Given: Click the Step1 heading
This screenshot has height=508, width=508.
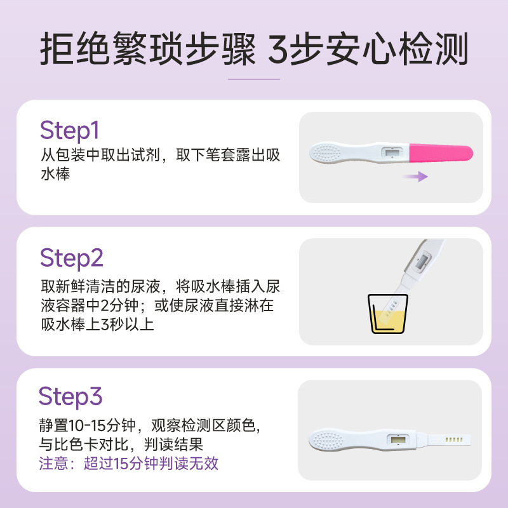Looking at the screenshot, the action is [69, 131].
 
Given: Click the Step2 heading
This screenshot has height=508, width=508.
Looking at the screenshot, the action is [72, 258].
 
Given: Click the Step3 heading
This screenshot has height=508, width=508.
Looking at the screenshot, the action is [70, 396].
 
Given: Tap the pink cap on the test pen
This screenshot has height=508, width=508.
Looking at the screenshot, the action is [441, 153].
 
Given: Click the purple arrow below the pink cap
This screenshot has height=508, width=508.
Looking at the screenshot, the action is [415, 177].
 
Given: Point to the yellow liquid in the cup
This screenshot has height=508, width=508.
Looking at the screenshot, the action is [387, 321].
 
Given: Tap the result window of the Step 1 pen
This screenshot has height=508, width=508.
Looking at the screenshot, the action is [392, 152].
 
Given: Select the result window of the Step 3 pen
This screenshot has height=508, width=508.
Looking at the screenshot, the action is [398, 440].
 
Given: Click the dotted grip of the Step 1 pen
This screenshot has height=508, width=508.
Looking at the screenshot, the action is [326, 152].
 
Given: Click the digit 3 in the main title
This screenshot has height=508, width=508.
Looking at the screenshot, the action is [278, 49].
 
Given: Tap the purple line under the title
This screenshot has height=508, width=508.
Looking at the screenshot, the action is [254, 79].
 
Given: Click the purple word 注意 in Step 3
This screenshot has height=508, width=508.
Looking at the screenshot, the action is [54, 464].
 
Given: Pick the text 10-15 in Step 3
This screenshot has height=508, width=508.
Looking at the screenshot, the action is [87, 425].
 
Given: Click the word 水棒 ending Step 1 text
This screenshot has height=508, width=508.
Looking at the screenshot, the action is [55, 173].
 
